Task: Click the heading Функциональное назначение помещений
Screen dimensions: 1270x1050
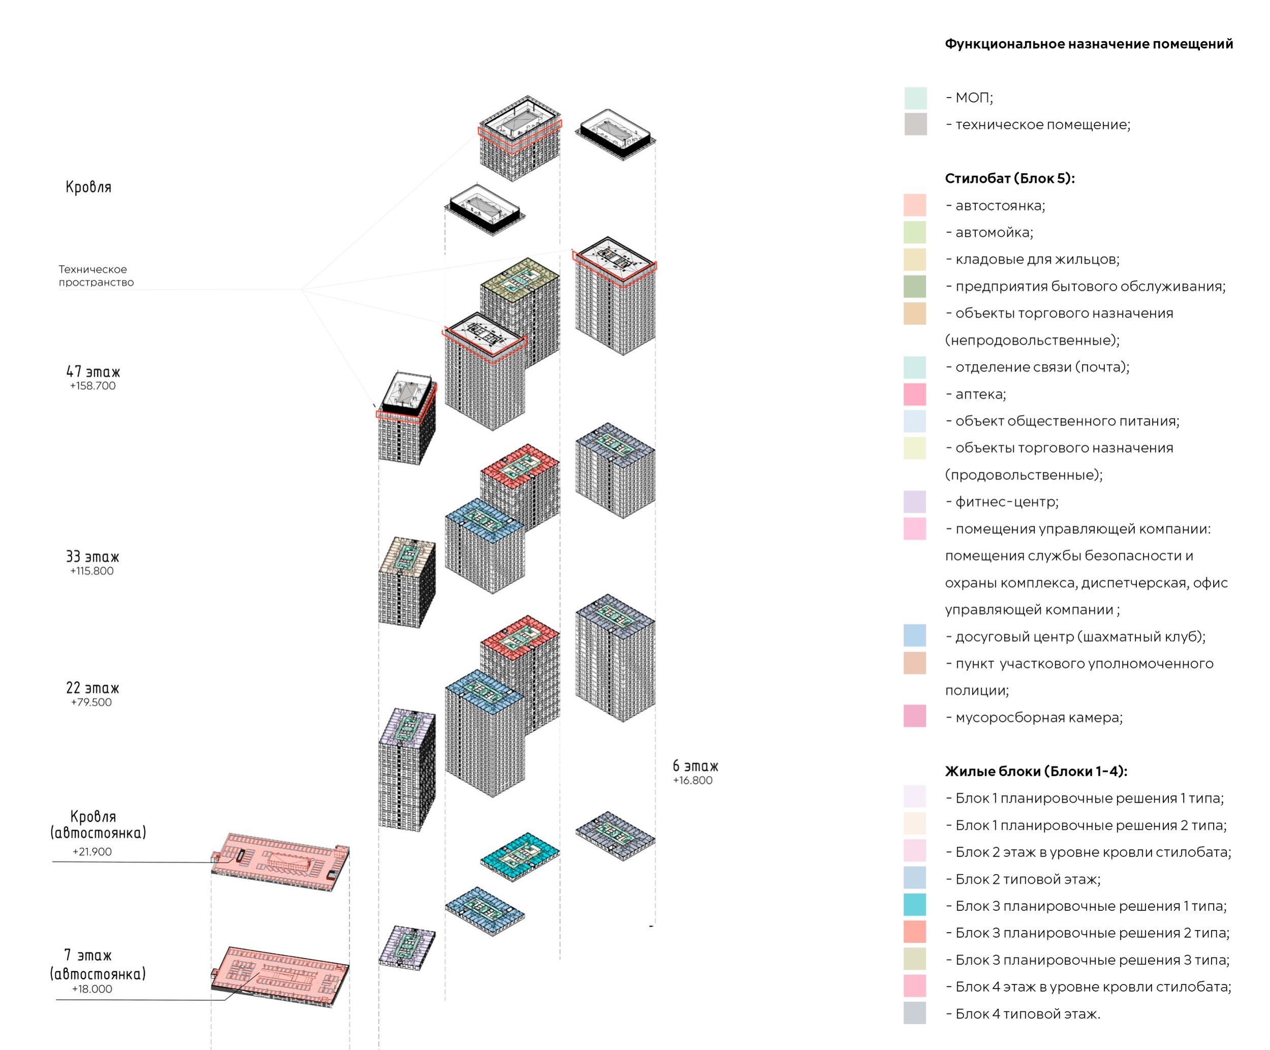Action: point(1089,44)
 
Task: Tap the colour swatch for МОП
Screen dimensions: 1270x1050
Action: point(915,98)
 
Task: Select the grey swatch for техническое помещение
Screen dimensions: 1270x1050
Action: point(915,124)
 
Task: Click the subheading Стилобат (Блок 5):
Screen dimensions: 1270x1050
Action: point(1010,178)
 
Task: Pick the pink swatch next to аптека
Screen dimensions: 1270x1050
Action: point(915,394)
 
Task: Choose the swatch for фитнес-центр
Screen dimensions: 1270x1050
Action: point(915,502)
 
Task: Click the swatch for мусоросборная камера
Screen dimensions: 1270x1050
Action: point(915,716)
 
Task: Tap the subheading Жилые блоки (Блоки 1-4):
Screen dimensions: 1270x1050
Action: point(1036,771)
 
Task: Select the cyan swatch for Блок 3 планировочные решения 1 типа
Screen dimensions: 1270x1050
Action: point(915,905)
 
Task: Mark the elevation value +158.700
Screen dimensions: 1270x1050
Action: point(92,386)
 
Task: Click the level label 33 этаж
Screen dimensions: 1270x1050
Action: point(92,556)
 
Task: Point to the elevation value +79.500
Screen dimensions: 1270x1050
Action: point(91,702)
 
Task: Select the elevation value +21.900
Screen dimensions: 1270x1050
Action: point(92,851)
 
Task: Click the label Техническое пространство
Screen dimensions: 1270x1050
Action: point(96,276)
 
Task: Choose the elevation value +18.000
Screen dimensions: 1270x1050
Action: point(92,989)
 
